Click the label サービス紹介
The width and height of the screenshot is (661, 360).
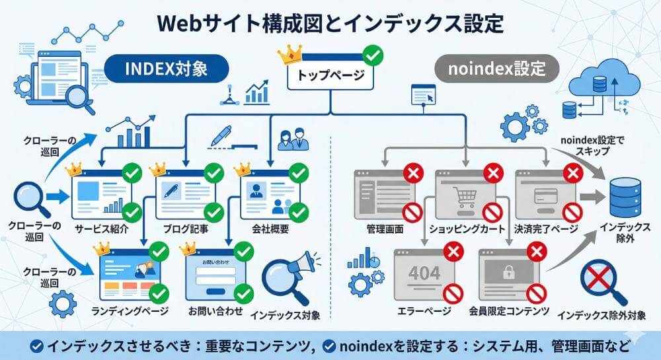point(101,230)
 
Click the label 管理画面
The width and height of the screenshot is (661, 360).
point(385,229)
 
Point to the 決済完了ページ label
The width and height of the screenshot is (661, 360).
point(546,229)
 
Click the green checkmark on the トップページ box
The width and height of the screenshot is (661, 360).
point(373,54)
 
